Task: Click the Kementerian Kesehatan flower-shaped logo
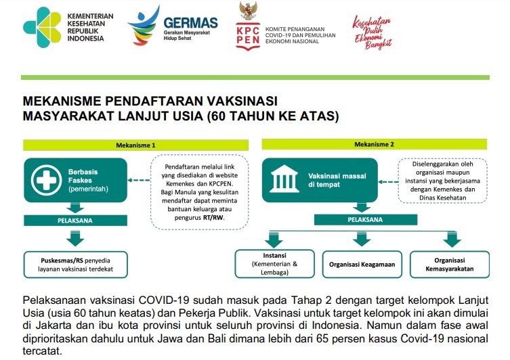click(x=42, y=28)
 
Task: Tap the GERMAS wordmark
click(x=190, y=23)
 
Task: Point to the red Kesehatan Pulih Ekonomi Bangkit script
click(x=373, y=32)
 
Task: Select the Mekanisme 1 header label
click(x=135, y=145)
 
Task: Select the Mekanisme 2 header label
click(x=374, y=144)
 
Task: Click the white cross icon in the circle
click(x=47, y=180)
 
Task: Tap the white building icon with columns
click(x=284, y=179)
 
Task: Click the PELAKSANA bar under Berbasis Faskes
click(x=75, y=221)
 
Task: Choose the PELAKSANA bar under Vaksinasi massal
click(x=366, y=220)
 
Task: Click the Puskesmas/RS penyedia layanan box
click(x=75, y=265)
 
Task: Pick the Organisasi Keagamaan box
click(x=362, y=265)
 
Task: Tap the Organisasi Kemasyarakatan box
click(x=450, y=265)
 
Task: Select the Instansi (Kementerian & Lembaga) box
click(x=274, y=264)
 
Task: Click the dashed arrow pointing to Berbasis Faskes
click(x=139, y=180)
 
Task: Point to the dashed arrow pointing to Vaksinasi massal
click(x=388, y=182)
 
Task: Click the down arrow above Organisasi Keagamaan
click(x=362, y=239)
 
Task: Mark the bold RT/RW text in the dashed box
click(x=213, y=217)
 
